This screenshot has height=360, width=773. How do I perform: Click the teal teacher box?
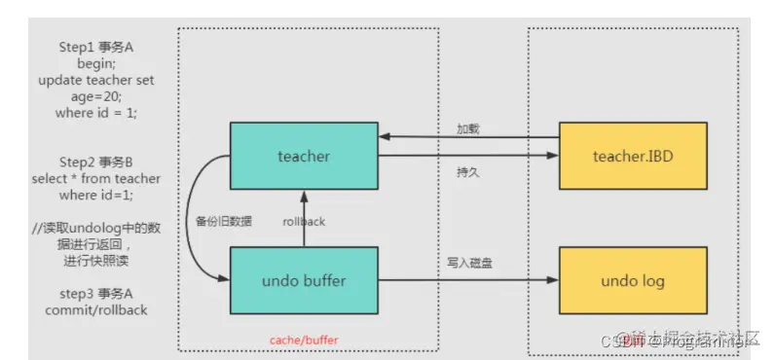tap(303, 155)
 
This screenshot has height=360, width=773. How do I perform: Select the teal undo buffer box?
tap(303, 281)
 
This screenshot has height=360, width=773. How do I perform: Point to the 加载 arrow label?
tap(468, 128)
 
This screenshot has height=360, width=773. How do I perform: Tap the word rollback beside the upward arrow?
tap(303, 221)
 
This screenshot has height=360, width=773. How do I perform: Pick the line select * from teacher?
tap(95, 178)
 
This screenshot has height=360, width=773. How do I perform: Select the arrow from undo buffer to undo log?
tap(467, 281)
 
